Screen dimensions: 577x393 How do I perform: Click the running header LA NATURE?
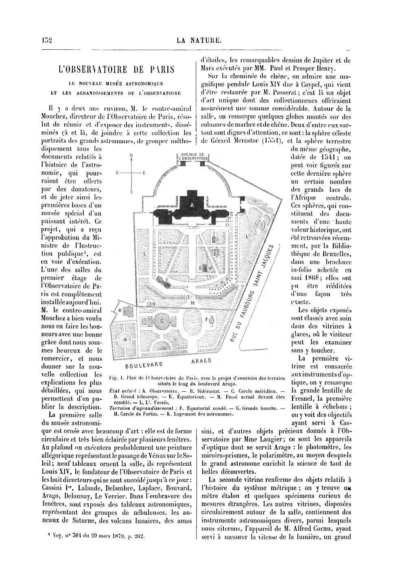199,40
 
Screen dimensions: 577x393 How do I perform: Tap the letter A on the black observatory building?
192,205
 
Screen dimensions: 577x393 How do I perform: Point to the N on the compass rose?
131,155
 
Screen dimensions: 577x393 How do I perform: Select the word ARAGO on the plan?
201,360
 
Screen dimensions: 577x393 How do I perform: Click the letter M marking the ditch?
192,303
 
